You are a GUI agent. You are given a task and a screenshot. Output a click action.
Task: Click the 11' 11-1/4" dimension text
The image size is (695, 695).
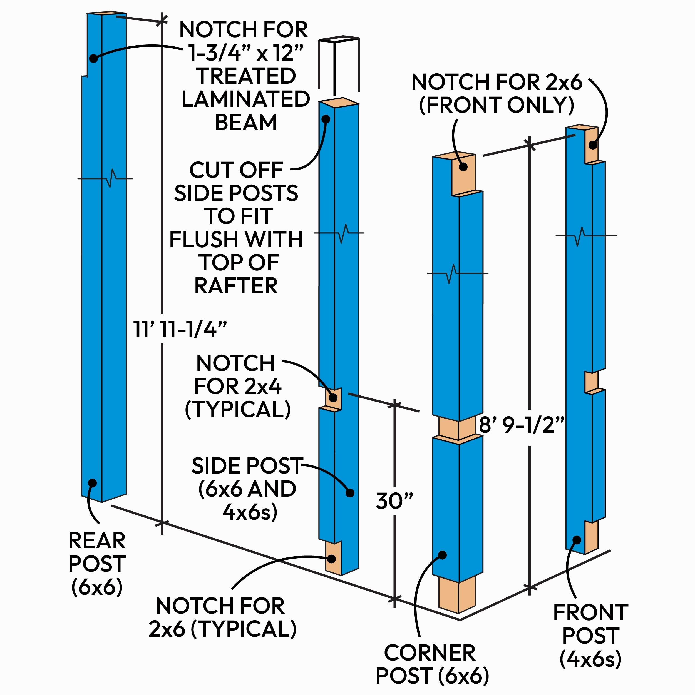click(x=180, y=329)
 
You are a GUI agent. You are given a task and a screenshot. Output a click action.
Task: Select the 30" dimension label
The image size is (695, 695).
click(x=394, y=501)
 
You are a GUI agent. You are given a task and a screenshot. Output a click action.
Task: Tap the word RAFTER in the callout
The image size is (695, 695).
click(x=236, y=286)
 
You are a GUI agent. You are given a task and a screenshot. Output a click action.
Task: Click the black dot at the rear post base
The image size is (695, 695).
click(x=93, y=483)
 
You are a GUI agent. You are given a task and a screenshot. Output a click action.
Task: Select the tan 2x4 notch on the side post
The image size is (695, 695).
click(x=333, y=398)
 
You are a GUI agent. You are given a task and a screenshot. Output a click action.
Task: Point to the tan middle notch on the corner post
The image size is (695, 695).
click(x=457, y=428)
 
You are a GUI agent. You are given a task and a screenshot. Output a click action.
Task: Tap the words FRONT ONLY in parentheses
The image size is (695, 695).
click(x=497, y=105)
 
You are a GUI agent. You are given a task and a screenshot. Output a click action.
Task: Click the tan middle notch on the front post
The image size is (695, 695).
click(x=591, y=382)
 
